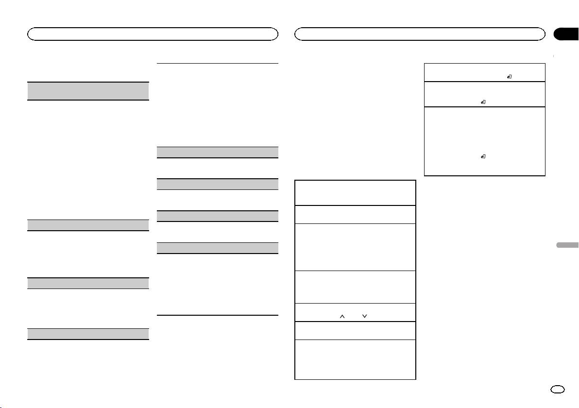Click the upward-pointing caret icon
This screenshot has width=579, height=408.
(342, 316)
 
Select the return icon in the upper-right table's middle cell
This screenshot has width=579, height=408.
(483, 102)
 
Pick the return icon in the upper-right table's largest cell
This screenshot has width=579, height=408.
(483, 157)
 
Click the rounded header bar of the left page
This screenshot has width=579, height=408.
(153, 34)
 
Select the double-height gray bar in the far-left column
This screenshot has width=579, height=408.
(87, 91)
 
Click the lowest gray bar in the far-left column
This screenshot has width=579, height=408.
(87, 334)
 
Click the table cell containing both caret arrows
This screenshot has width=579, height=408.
(356, 312)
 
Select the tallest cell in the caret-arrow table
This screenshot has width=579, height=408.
(356, 247)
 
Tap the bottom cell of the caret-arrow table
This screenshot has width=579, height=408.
(356, 359)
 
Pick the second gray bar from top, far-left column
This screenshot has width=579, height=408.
(87, 225)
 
